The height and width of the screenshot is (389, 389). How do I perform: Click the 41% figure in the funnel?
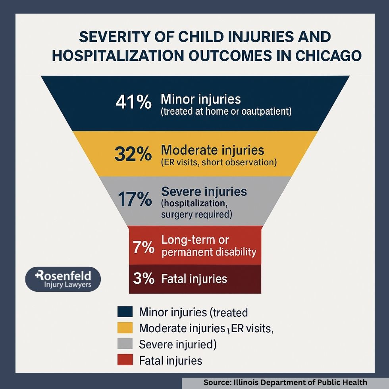[133, 102]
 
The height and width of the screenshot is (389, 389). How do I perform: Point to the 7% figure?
[143, 247]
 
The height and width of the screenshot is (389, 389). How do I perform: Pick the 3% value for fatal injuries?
[143, 278]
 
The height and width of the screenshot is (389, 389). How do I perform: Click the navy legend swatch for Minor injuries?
[125, 312]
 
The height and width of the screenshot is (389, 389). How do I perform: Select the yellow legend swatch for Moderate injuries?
[125, 328]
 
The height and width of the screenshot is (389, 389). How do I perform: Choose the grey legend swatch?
[125, 345]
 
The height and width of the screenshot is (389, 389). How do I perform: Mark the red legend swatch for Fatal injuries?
[125, 360]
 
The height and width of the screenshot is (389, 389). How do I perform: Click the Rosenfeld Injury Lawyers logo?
[63, 279]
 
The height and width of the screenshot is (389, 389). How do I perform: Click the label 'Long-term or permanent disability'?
[209, 246]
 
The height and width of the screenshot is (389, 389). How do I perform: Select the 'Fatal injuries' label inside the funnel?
[194, 279]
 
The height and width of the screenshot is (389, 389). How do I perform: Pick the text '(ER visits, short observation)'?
[219, 162]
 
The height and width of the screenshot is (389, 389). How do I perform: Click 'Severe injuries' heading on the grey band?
[204, 192]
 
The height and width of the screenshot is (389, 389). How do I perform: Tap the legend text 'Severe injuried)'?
[178, 345]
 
